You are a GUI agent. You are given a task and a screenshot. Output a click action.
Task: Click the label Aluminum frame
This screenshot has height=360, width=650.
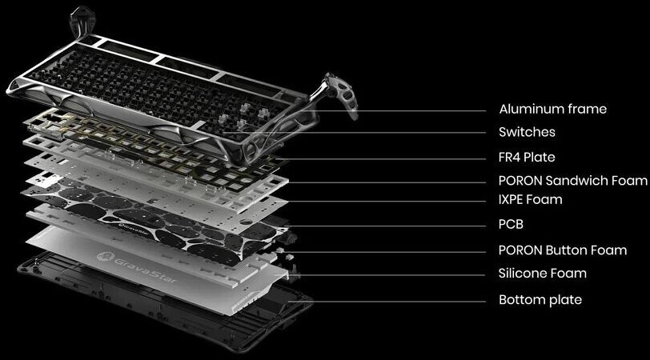click(552, 110)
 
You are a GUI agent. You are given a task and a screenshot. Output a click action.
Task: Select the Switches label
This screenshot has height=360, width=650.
click(527, 132)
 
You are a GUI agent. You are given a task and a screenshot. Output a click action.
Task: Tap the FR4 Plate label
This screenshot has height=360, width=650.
click(527, 158)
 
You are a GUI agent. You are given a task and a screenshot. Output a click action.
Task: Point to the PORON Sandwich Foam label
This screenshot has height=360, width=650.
click(573, 181)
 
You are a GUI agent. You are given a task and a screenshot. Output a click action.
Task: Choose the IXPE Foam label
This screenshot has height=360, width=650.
click(531, 200)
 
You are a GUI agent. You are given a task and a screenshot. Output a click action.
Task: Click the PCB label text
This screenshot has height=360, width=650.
click(512, 225)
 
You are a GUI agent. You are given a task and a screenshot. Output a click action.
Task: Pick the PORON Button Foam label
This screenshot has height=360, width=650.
click(563, 250)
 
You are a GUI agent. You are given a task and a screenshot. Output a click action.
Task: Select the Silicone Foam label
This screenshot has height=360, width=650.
click(543, 274)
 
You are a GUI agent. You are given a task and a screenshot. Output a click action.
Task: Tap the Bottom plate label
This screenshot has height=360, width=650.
click(540, 299)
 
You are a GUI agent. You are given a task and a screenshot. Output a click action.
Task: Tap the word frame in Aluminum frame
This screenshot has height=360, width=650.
click(587, 110)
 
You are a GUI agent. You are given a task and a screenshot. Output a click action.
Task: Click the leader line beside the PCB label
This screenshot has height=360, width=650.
click(386, 226)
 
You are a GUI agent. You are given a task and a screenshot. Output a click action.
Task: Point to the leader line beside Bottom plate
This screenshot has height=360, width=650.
click(387, 302)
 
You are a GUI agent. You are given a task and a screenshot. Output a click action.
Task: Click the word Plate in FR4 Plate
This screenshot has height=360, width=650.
click(539, 158)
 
